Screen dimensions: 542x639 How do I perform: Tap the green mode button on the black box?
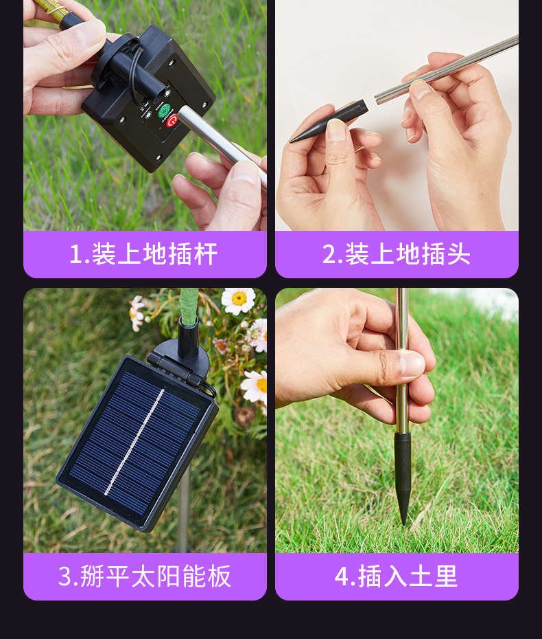(x=163, y=111)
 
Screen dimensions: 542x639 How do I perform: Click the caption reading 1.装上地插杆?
(x=143, y=254)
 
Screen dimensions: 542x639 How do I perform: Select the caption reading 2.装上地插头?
(x=397, y=254)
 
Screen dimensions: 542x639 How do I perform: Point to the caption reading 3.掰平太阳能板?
(x=145, y=576)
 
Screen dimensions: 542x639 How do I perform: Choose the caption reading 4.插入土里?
(x=396, y=576)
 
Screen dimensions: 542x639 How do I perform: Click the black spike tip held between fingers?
(x=329, y=122)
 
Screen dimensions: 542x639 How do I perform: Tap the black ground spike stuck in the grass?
(x=403, y=478)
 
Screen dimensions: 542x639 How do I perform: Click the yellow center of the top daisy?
(x=239, y=298)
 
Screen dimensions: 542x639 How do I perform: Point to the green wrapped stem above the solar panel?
(x=189, y=306)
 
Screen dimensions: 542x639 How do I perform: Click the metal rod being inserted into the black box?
(x=222, y=145)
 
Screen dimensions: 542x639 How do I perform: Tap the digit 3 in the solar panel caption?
(x=65, y=576)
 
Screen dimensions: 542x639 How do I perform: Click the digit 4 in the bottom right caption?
(x=342, y=576)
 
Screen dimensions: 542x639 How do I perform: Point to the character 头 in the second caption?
(x=458, y=254)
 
